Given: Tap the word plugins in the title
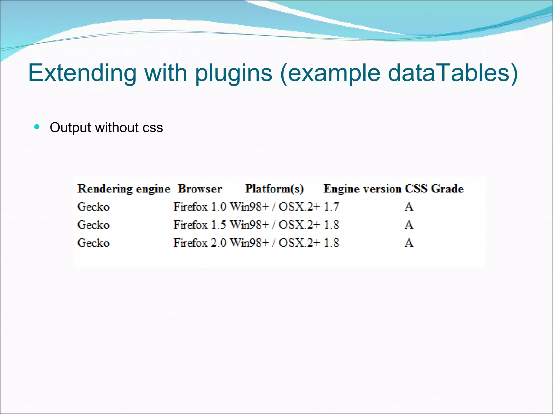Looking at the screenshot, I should [x=234, y=73].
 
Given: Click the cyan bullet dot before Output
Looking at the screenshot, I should [x=37, y=127].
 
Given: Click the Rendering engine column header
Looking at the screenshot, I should [x=124, y=189].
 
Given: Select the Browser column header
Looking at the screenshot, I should [x=200, y=189].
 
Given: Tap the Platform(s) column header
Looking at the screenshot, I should [x=274, y=189].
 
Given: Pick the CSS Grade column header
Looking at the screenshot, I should [x=434, y=189].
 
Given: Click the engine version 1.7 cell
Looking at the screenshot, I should [x=331, y=207].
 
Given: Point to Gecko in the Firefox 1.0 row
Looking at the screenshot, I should [x=93, y=207].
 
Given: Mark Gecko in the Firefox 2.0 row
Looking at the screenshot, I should [x=93, y=243].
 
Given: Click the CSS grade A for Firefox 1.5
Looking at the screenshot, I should [x=409, y=225].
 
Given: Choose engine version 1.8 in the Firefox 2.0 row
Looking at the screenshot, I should [x=331, y=243].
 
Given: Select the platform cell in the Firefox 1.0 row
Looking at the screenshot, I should [x=275, y=207].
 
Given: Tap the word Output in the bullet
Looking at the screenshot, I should [x=70, y=127].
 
